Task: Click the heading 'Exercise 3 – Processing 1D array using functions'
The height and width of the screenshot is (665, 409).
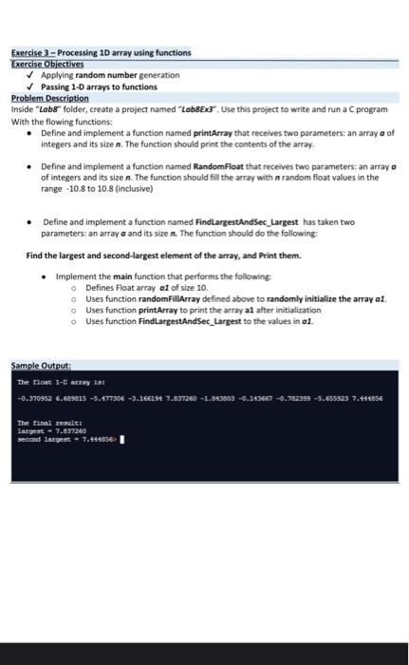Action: (x=101, y=52)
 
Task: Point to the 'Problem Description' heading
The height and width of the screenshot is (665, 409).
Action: (x=49, y=97)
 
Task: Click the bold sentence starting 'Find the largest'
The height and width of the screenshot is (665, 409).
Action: (x=164, y=256)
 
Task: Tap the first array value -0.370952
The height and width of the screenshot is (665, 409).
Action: (x=37, y=398)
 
